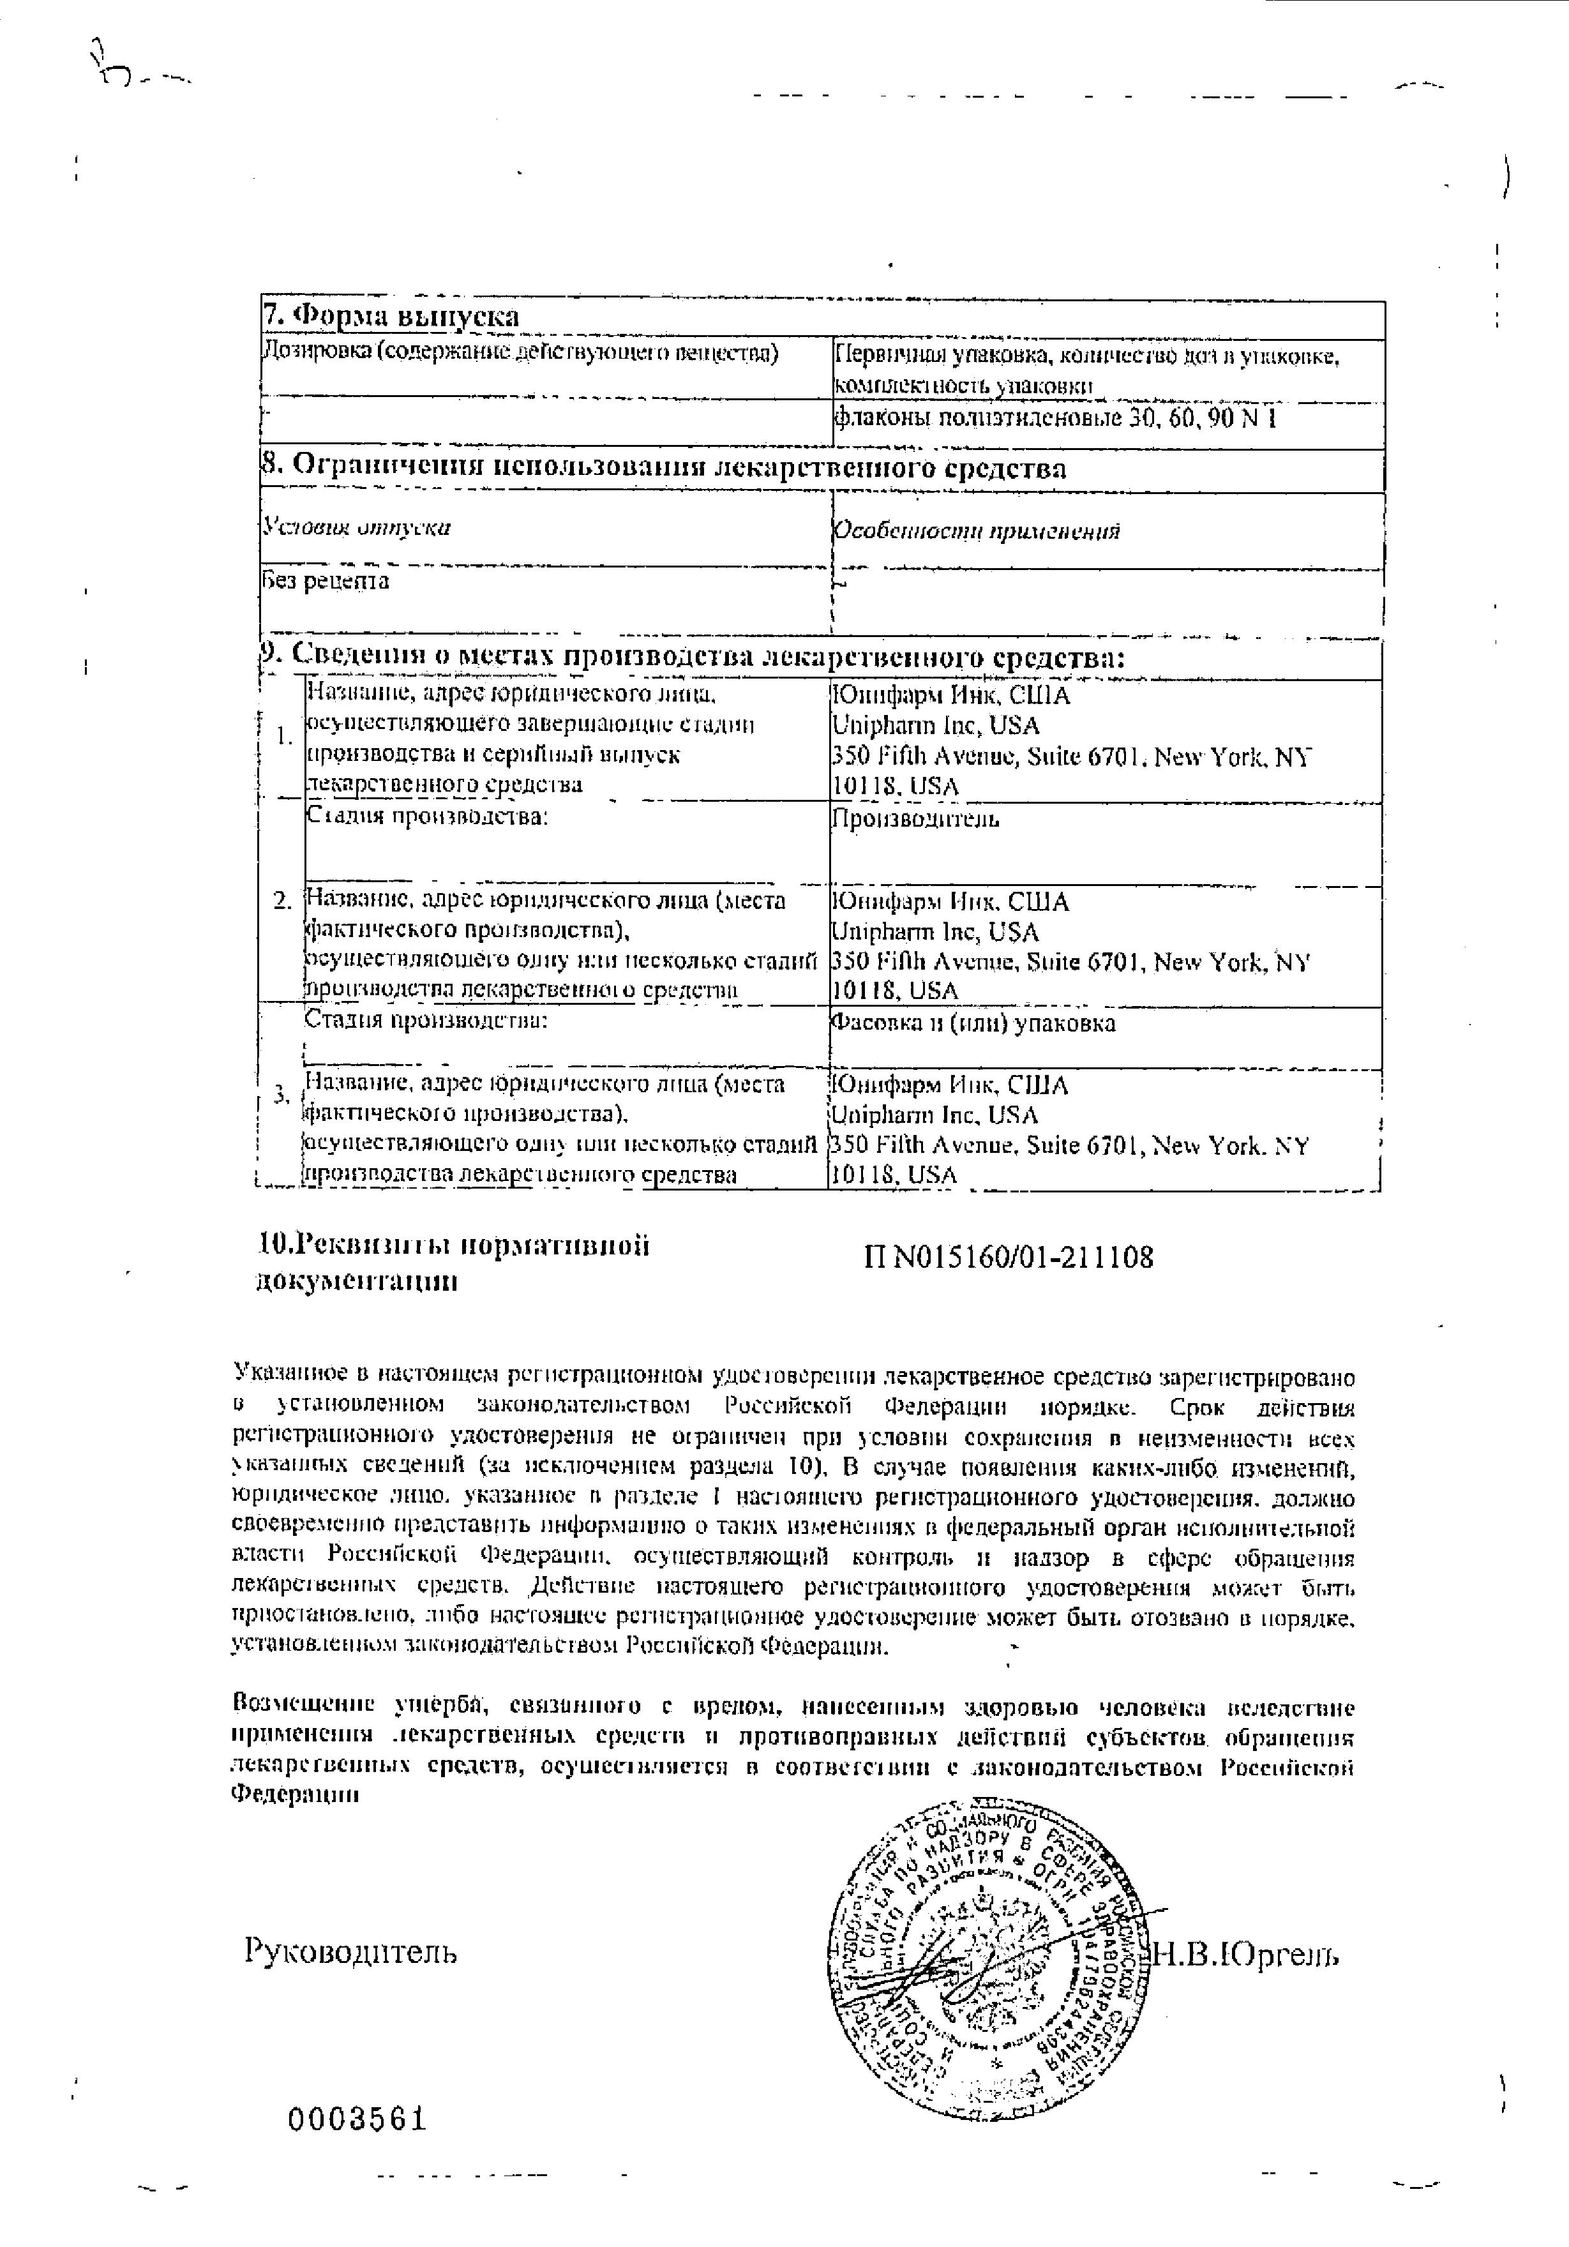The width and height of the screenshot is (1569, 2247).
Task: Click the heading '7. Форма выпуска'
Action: (x=391, y=317)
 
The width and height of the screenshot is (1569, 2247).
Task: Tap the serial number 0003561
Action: (x=357, y=2120)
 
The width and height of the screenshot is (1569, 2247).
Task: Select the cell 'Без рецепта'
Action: (x=326, y=582)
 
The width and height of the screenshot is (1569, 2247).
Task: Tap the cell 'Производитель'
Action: (x=915, y=819)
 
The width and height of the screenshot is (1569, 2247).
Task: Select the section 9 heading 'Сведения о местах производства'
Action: (x=690, y=657)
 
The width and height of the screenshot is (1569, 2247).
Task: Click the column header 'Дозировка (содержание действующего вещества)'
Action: (x=521, y=353)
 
